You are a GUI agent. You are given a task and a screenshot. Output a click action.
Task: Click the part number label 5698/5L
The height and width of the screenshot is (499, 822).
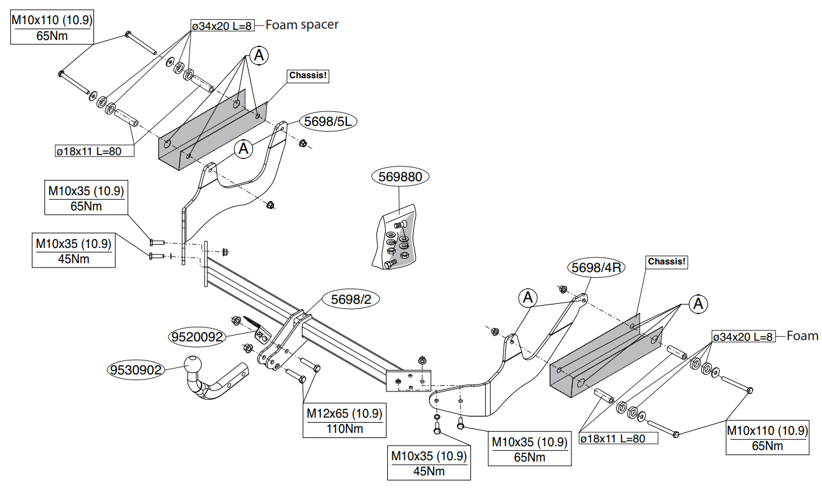tap(327, 121)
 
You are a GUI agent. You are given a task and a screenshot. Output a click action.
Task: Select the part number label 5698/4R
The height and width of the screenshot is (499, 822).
tap(596, 267)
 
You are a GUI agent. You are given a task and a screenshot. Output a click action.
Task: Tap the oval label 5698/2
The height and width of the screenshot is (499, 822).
tap(351, 299)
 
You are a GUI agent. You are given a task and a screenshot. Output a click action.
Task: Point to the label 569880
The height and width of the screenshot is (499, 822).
tap(401, 177)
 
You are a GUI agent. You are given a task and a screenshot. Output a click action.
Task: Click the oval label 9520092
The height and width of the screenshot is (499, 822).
tap(197, 336)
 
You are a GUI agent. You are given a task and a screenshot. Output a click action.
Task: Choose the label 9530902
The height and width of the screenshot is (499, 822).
tap(136, 369)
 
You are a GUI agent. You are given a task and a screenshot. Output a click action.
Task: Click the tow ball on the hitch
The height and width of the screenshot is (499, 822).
tap(193, 364)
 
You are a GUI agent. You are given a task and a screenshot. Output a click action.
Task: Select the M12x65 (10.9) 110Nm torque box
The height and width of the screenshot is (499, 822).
tap(345, 420)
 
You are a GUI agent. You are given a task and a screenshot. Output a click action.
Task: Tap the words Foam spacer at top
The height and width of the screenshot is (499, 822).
tap(302, 25)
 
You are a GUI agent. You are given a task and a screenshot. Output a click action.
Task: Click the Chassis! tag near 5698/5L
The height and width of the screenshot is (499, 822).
tap(308, 76)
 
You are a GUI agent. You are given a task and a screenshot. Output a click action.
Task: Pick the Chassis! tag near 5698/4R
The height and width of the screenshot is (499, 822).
tap(666, 262)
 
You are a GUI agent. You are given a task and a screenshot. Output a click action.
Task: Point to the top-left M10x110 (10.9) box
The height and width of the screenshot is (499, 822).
tap(52, 27)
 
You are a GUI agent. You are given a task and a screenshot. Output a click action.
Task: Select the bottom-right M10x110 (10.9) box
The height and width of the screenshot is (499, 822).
tap(767, 438)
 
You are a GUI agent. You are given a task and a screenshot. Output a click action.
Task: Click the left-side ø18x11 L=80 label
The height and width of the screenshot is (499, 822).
tap(95, 151)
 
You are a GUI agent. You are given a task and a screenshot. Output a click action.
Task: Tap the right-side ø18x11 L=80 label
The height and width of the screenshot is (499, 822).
tap(619, 438)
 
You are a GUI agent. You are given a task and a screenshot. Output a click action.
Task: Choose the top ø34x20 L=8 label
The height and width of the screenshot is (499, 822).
tap(223, 25)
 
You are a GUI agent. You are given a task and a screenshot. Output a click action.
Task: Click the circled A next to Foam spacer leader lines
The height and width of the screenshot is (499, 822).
tap(259, 55)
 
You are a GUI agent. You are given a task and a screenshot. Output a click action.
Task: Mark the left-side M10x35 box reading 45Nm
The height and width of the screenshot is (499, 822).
tap(74, 250)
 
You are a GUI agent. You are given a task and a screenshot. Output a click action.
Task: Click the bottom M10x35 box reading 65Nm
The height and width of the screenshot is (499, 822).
tap(530, 449)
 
